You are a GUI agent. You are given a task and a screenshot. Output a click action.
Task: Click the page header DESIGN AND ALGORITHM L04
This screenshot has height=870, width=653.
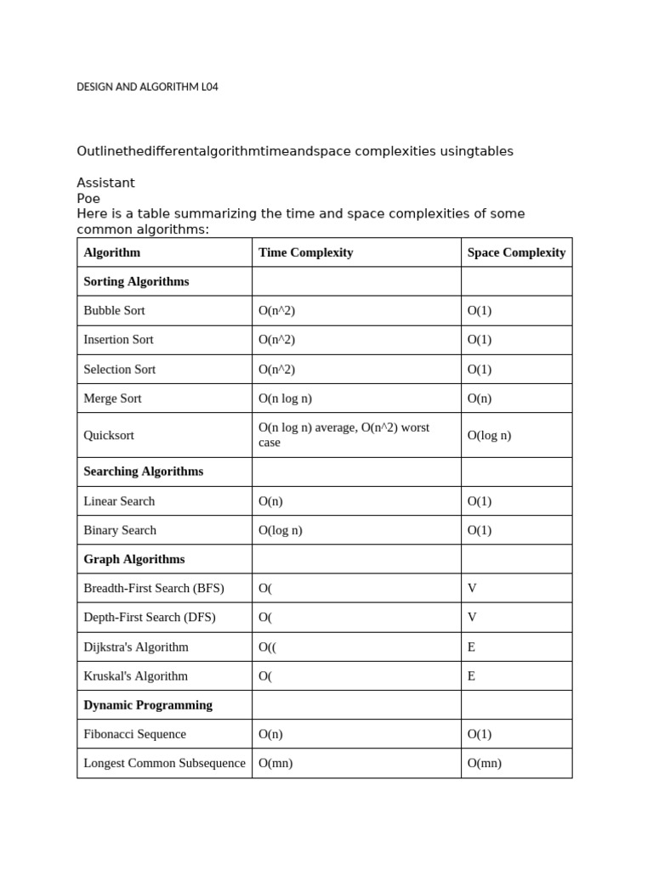click(x=147, y=87)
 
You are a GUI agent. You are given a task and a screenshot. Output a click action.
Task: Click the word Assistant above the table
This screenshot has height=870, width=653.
click(x=105, y=183)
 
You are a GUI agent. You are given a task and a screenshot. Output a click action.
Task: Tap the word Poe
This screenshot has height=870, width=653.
click(x=88, y=198)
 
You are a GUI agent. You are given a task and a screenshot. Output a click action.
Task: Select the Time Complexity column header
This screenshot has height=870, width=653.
click(x=305, y=252)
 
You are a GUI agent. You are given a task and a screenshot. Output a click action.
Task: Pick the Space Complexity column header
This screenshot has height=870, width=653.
click(x=516, y=252)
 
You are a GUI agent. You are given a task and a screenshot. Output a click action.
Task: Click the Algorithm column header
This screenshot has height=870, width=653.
click(x=111, y=252)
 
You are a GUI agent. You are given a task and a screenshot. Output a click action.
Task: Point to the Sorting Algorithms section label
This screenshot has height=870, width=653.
click(x=136, y=281)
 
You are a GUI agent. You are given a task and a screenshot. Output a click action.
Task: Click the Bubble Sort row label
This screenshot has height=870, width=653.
click(x=114, y=311)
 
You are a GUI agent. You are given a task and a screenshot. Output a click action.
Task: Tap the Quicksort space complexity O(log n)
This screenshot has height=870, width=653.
click(x=489, y=435)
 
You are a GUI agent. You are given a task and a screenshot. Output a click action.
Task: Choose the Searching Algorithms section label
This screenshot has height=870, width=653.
click(x=143, y=472)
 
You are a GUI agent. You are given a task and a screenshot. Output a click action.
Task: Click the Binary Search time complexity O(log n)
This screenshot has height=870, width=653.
click(x=280, y=530)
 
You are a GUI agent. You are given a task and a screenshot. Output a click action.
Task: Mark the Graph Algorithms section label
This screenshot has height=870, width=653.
click(x=133, y=559)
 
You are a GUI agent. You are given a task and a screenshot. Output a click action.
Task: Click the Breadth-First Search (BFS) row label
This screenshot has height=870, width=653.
click(x=154, y=588)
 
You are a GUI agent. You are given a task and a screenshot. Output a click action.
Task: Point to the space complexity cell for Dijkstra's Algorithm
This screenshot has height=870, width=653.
click(x=471, y=647)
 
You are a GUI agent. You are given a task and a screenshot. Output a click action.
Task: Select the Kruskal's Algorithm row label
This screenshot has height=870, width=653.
click(x=135, y=676)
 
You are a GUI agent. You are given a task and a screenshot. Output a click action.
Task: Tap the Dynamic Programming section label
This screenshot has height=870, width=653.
click(x=148, y=705)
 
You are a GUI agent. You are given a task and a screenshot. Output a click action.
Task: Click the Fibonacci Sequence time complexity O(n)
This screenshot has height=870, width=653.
click(x=270, y=734)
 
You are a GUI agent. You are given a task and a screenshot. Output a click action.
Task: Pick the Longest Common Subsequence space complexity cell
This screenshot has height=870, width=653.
click(x=485, y=763)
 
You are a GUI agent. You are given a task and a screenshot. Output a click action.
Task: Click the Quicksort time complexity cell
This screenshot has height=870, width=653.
click(x=344, y=435)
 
